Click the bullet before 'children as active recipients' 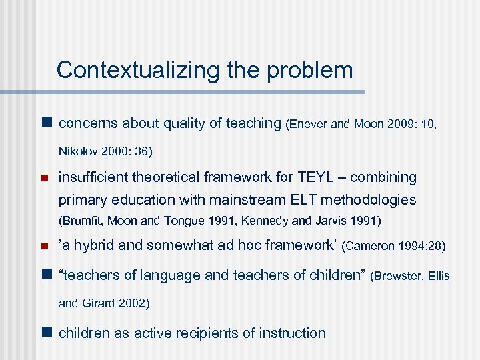click(46, 333)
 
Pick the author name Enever click(307, 124)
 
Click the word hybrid click(93, 245)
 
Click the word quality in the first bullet click(177, 123)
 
